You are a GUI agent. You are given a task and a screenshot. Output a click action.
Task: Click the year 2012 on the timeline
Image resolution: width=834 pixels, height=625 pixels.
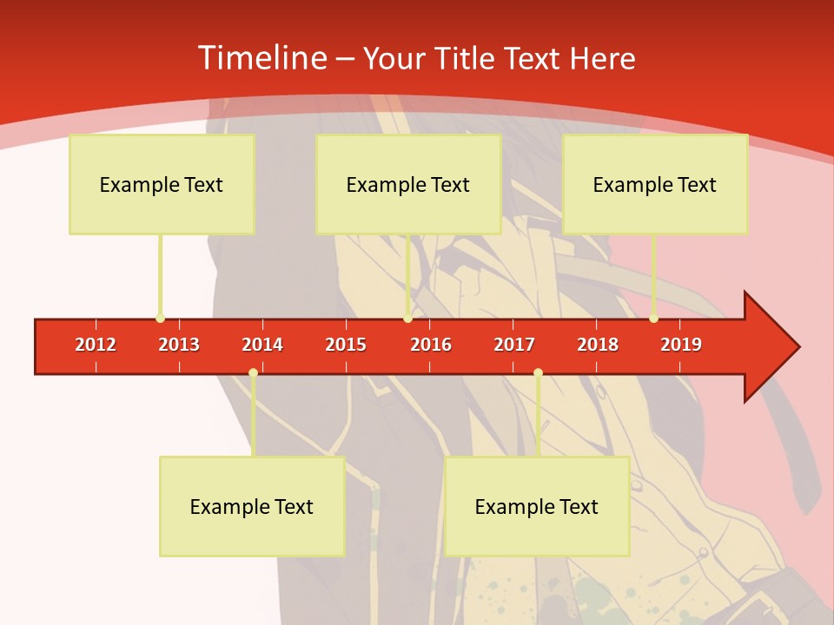point(96,345)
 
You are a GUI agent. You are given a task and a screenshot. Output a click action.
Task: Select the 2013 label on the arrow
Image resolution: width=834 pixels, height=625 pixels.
point(179,345)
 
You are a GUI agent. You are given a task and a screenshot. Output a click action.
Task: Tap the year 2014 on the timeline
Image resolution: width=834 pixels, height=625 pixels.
point(262,345)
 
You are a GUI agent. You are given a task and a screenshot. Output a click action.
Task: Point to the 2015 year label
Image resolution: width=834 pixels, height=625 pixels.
point(346,345)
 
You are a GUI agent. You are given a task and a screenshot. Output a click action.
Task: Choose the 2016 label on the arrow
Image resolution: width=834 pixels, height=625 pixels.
point(431,345)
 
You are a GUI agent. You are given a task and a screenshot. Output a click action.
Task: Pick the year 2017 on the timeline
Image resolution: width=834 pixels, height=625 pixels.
point(514,345)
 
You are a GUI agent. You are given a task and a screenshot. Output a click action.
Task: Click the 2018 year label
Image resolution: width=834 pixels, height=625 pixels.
point(598,345)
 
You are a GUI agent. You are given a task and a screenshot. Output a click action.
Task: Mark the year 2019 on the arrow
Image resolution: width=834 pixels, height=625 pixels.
point(681,345)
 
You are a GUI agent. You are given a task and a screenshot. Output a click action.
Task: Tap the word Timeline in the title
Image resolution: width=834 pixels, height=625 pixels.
point(261,58)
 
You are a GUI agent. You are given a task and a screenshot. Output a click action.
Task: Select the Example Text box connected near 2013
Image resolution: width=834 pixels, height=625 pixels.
point(162,184)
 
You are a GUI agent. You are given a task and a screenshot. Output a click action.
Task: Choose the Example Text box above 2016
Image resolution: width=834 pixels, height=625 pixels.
point(408,184)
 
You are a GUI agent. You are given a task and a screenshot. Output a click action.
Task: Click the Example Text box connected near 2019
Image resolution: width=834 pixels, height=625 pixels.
point(655,184)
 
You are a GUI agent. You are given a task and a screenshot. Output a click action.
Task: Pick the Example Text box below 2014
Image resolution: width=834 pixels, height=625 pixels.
point(252,506)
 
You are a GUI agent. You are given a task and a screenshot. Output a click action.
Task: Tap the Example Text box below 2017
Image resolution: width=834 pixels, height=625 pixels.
point(537,506)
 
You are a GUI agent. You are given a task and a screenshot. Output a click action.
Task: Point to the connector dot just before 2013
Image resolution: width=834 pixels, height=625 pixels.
point(160,318)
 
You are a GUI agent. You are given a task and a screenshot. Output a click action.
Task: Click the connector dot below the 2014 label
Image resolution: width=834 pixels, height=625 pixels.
point(253,372)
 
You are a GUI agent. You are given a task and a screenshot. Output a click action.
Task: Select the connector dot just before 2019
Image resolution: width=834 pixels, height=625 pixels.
point(653,318)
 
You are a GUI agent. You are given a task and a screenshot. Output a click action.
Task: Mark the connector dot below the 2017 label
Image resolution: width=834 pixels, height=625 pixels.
point(538,372)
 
